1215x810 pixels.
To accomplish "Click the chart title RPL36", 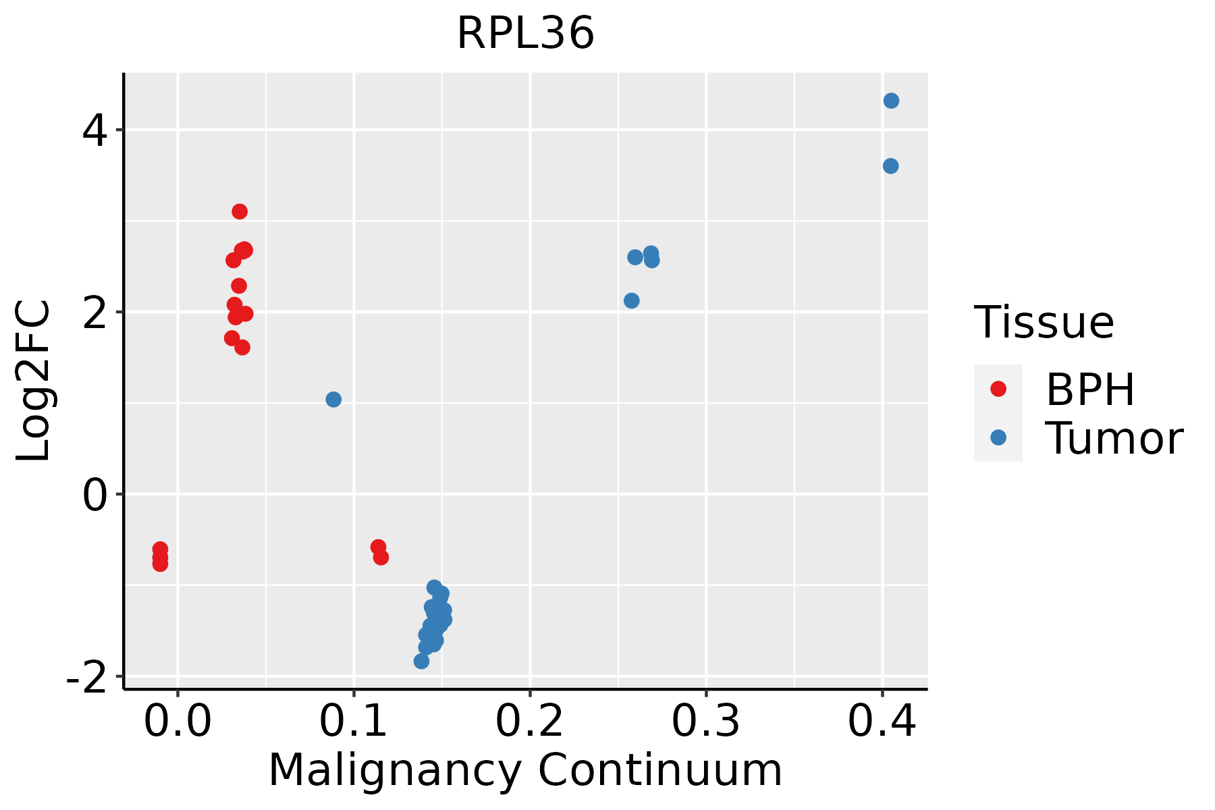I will [x=525, y=34].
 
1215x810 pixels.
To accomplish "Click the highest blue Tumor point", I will [x=891, y=101].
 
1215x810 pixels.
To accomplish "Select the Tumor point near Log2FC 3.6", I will [x=890, y=166].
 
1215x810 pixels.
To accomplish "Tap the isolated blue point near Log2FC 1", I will [x=333, y=400].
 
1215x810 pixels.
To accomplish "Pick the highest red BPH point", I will [x=240, y=211].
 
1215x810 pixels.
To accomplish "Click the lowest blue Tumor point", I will [x=421, y=661].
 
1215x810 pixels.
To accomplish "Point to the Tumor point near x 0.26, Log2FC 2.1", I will [x=632, y=301].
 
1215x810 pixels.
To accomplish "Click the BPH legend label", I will [x=1090, y=389].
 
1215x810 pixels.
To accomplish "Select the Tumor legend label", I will [x=1114, y=439].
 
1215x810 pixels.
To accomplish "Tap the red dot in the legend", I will [x=998, y=389].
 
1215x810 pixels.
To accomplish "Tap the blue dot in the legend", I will [x=998, y=437].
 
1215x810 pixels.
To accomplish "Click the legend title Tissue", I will [x=1044, y=323].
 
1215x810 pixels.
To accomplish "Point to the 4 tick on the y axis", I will [x=95, y=130].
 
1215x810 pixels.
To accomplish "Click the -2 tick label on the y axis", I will [x=86, y=677].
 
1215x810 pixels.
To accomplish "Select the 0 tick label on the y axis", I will [x=95, y=495].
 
